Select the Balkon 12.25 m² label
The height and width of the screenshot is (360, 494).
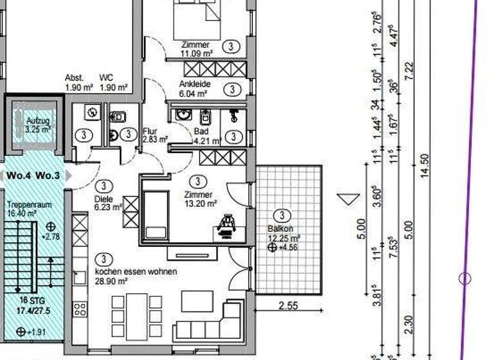pyautogui.click(x=280, y=233)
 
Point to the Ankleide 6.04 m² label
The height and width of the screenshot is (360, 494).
pyautogui.click(x=194, y=89)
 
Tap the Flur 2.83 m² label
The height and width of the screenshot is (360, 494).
pyautogui.click(x=154, y=135)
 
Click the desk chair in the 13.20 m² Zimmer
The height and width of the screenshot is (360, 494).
pyautogui.click(x=227, y=225)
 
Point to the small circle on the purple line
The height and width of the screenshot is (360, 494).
pyautogui.click(x=465, y=278)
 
